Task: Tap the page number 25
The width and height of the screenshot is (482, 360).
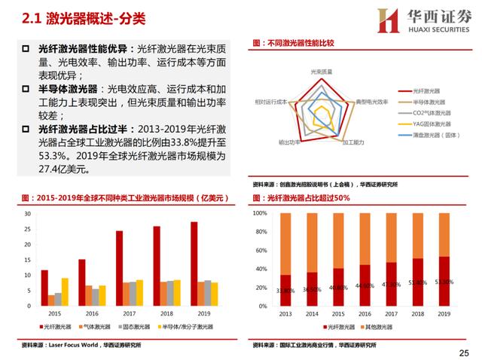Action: tap(463, 352)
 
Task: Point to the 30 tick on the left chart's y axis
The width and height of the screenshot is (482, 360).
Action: tap(27, 214)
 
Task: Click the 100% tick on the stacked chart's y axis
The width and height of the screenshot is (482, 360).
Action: tap(259, 214)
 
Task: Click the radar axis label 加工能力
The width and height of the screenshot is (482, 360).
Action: tap(352, 142)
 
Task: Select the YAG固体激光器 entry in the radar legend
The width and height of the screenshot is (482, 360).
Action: tap(432, 124)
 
